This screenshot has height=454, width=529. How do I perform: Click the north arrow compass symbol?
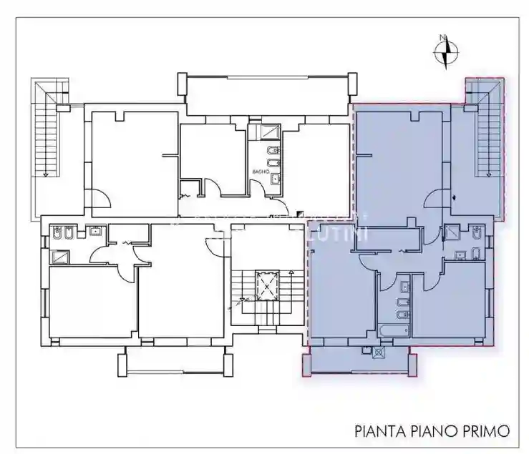(x=447, y=51)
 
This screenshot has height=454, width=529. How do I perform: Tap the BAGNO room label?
(x=260, y=173)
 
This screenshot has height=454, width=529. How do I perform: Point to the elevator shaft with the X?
(x=267, y=286)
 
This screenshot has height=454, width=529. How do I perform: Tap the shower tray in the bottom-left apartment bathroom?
(x=59, y=257)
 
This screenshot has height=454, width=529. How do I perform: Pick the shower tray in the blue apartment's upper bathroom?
(x=452, y=232)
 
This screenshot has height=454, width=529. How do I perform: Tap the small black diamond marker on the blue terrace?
(x=455, y=197)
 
